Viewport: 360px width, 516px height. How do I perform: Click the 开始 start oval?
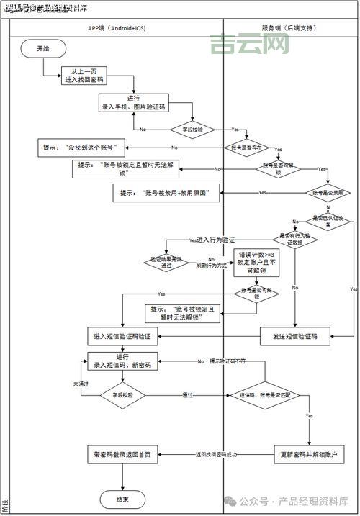[42, 48]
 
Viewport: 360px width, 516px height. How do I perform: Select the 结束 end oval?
[122, 499]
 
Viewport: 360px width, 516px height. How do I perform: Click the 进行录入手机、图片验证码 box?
[133, 102]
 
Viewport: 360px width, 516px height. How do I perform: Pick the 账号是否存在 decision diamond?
[246, 147]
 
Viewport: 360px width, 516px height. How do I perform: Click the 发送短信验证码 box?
[294, 336]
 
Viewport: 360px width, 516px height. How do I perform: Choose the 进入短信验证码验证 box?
[122, 336]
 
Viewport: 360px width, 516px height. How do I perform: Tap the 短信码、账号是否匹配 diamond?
[265, 395]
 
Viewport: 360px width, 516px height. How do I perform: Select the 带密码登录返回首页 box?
[122, 455]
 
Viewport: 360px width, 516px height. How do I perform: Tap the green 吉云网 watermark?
[250, 45]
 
